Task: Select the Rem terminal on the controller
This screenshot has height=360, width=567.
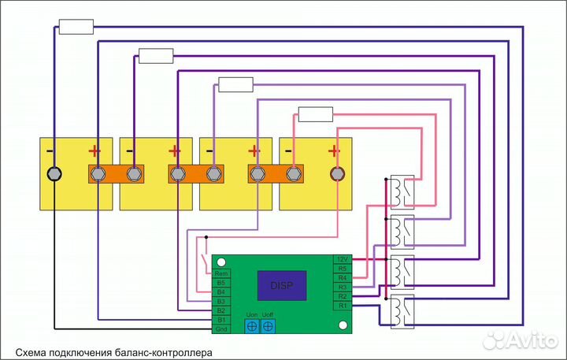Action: [x=221, y=273]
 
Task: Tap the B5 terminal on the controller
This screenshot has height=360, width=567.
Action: [x=221, y=282]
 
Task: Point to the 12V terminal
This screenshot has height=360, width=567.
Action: [x=342, y=258]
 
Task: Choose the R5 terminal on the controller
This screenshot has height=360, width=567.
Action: [x=342, y=268]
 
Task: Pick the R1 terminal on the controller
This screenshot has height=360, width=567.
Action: [x=342, y=304]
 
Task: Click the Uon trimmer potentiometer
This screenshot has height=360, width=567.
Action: [x=252, y=325]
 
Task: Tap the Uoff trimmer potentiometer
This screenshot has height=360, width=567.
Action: [x=269, y=325]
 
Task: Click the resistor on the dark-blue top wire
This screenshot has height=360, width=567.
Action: [x=76, y=27]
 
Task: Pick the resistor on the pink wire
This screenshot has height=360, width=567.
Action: [x=315, y=114]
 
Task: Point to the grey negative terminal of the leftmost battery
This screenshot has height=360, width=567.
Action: [x=54, y=173]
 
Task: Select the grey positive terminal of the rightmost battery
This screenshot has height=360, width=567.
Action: [x=337, y=173]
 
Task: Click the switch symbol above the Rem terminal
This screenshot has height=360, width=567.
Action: [x=206, y=258]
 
